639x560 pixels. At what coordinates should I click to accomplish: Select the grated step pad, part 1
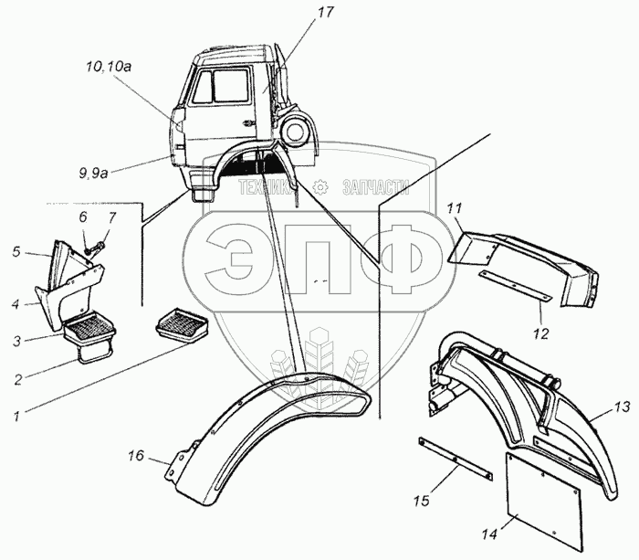(x=183, y=324)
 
